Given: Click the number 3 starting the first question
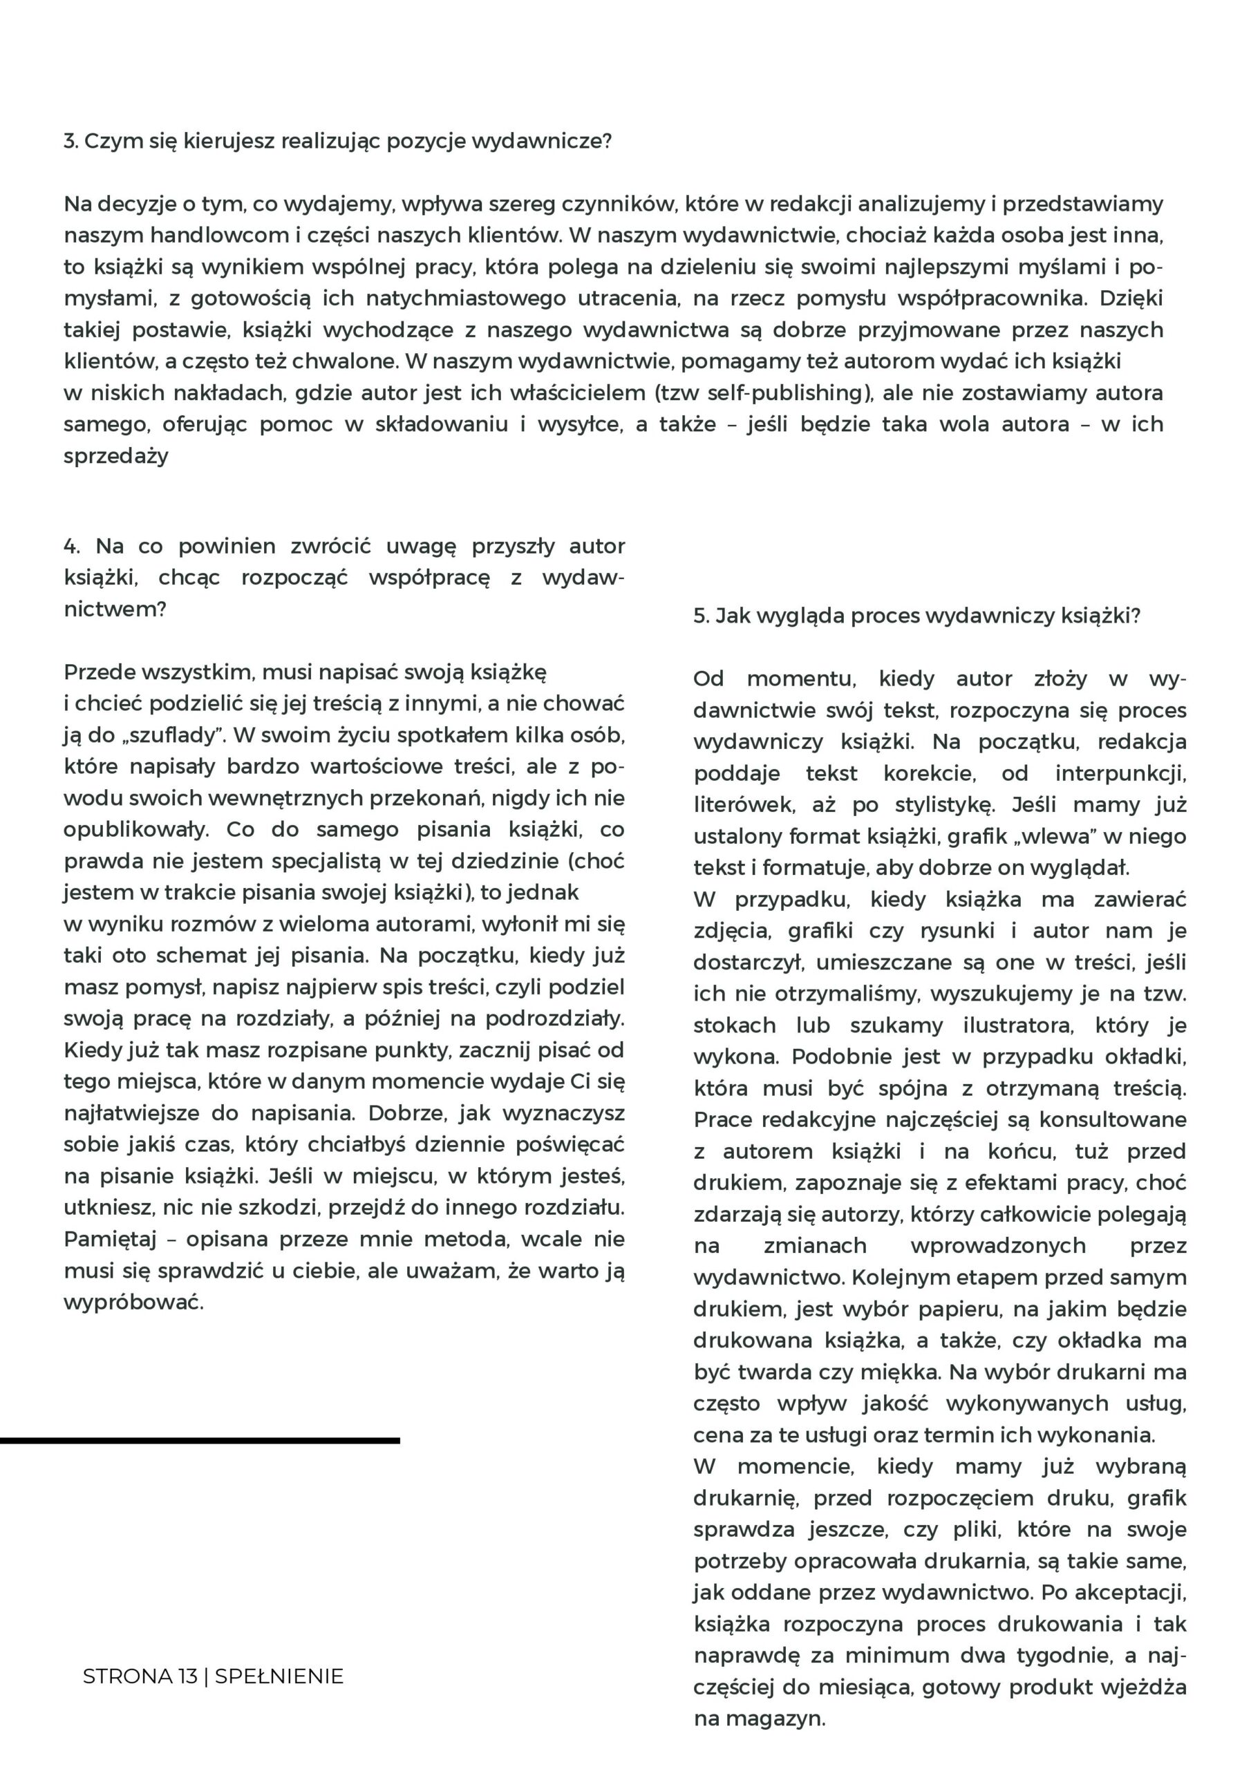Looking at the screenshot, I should click(69, 142).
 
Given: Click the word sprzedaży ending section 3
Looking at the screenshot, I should click(115, 456).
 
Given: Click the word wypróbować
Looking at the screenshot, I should click(133, 1302).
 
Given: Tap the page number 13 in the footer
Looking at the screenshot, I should click(187, 1676).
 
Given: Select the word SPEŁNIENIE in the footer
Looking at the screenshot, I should click(279, 1676).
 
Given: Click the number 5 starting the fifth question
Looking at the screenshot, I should click(701, 616).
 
